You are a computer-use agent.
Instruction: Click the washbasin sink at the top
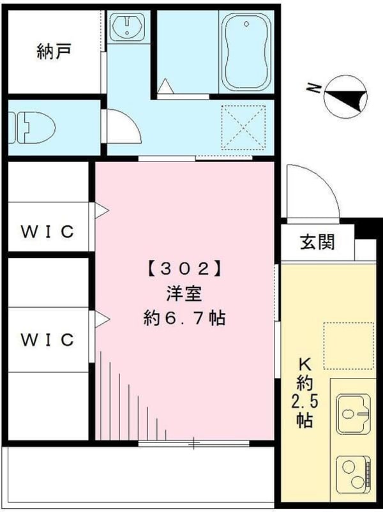(127, 26)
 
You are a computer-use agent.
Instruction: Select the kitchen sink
(353, 413)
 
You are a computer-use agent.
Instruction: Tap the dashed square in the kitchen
(349, 345)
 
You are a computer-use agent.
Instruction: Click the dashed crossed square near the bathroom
(243, 128)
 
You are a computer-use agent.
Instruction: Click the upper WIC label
(48, 231)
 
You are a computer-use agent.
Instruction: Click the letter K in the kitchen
(304, 365)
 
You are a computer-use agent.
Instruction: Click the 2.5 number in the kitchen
(304, 403)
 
